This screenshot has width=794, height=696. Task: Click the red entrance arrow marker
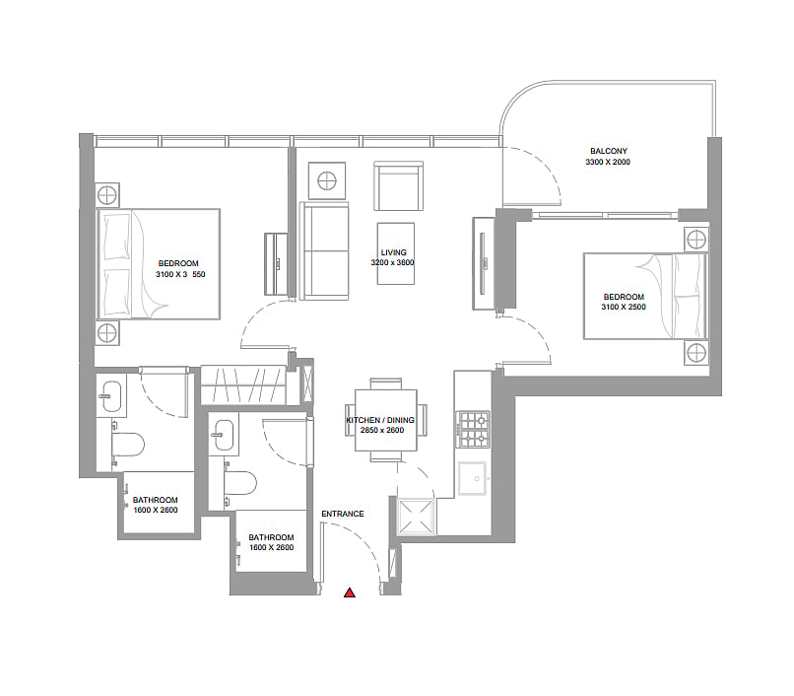350,592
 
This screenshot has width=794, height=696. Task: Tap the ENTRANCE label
343,514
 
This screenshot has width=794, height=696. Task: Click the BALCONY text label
609,151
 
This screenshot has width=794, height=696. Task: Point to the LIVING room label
393,252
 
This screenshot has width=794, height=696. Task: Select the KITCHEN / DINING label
380,420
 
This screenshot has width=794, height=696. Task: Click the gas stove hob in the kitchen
474,430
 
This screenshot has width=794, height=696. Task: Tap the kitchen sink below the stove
473,478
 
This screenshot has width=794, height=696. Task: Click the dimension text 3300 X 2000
608,163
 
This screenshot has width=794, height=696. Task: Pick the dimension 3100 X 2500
624,308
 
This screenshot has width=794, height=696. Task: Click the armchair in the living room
399,186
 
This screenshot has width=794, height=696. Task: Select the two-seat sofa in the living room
324,251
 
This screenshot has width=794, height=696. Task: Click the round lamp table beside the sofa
327,180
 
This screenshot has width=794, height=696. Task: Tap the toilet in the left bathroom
128,445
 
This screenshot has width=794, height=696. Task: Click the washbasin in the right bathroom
224,434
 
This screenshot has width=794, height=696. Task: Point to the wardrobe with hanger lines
243,385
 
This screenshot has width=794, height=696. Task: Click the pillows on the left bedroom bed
117,263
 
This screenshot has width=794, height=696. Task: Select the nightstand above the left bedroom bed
107,195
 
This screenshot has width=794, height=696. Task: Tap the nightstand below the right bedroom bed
696,353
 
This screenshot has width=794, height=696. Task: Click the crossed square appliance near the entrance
416,517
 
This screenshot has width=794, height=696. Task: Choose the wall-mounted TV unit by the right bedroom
484,263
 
